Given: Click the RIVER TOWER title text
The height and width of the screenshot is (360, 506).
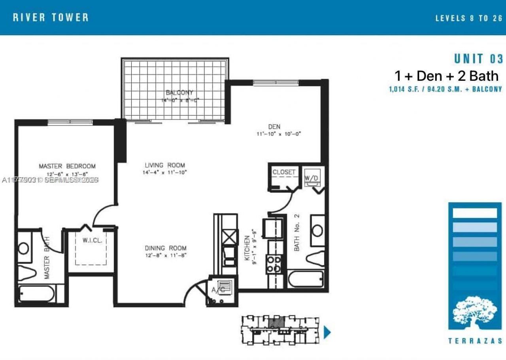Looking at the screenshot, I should pyautogui.click(x=51, y=17).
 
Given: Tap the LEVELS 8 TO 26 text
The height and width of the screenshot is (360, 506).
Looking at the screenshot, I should pyautogui.click(x=468, y=18).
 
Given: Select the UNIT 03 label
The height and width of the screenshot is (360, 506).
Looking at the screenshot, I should pyautogui.click(x=478, y=59).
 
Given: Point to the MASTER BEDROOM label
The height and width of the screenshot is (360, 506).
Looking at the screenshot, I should pyautogui.click(x=67, y=166).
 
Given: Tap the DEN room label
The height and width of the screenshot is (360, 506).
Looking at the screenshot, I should pyautogui.click(x=274, y=127).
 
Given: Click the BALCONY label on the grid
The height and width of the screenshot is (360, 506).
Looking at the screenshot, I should pyautogui.click(x=179, y=93).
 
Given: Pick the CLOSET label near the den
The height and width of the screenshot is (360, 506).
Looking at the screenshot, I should pyautogui.click(x=284, y=172).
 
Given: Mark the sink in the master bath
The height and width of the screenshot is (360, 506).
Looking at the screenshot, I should pyautogui.click(x=24, y=248).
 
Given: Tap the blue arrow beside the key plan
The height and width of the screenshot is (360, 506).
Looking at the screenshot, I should pyautogui.click(x=327, y=332).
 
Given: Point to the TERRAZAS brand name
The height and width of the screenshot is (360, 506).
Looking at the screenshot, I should pyautogui.click(x=475, y=341).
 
